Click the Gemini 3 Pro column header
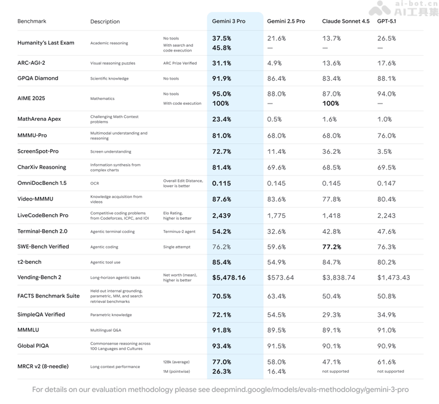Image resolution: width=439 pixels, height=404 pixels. (x=228, y=22)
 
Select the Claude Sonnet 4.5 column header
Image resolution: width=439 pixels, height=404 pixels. (x=345, y=22)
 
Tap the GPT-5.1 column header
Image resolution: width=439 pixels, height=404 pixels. (x=386, y=22)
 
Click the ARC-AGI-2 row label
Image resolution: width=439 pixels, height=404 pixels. (x=31, y=63)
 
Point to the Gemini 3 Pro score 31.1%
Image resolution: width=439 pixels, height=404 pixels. (x=222, y=63)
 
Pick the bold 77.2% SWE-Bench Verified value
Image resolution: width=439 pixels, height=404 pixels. (x=331, y=247)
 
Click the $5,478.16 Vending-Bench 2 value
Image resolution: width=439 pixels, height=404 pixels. (x=229, y=278)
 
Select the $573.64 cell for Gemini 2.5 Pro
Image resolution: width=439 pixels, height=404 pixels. (x=280, y=278)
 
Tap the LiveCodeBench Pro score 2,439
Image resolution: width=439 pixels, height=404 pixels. (x=222, y=215)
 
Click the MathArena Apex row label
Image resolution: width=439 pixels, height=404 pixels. (x=39, y=119)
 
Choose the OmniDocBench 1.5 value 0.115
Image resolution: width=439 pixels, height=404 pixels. (x=222, y=184)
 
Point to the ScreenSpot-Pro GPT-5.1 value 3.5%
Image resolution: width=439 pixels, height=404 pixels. (x=385, y=151)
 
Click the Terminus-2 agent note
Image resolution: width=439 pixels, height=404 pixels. (x=179, y=232)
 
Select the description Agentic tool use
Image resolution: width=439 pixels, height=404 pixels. (x=105, y=262)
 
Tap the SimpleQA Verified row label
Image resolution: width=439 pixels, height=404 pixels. (x=41, y=315)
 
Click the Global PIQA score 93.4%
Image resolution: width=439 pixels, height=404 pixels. (x=222, y=346)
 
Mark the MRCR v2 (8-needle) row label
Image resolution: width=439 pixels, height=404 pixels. (x=43, y=366)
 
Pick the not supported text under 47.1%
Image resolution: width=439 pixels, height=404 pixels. (x=335, y=372)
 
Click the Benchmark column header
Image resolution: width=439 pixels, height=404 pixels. (x=32, y=22)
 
